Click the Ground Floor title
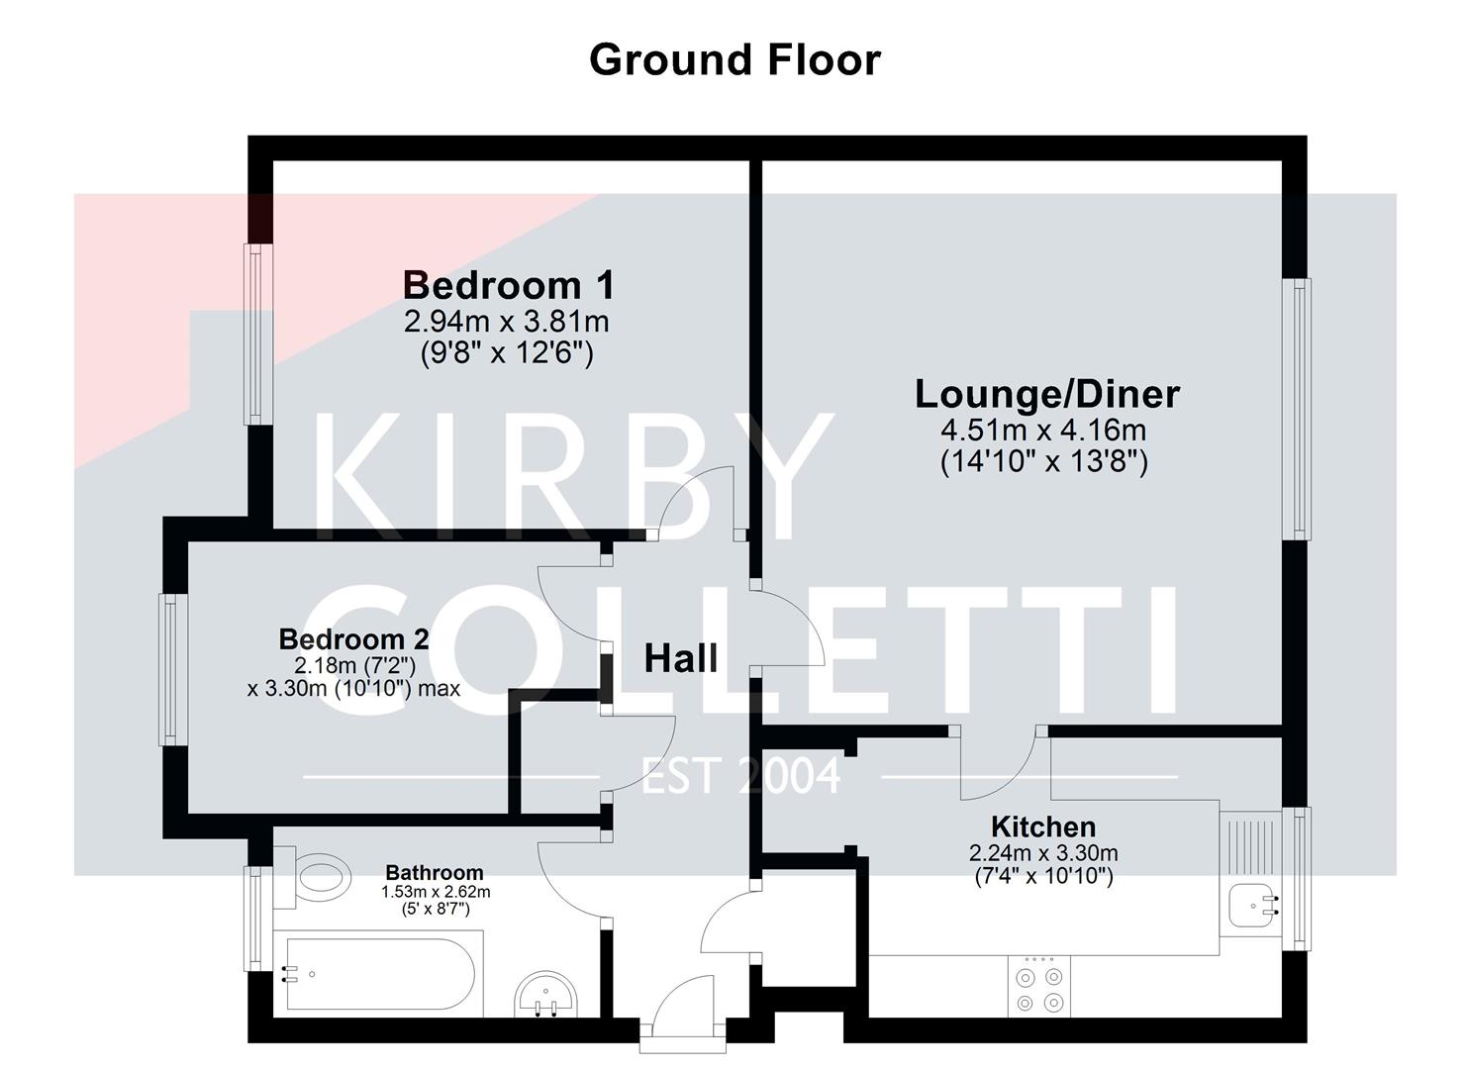pyautogui.click(x=734, y=59)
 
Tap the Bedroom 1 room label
pyautogui.click(x=508, y=285)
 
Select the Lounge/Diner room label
pyautogui.click(x=1046, y=394)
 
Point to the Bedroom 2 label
pyautogui.click(x=353, y=638)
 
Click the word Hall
pyautogui.click(x=680, y=658)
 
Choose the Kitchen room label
pyautogui.click(x=1042, y=826)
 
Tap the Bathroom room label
pyautogui.click(x=434, y=872)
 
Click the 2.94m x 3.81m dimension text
pyautogui.click(x=506, y=322)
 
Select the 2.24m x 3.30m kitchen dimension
pyautogui.click(x=1042, y=853)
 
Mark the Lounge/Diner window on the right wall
pyautogui.click(x=1297, y=409)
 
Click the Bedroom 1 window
pyautogui.click(x=257, y=334)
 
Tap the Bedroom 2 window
pyautogui.click(x=174, y=668)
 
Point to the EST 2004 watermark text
pyautogui.click(x=740, y=776)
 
